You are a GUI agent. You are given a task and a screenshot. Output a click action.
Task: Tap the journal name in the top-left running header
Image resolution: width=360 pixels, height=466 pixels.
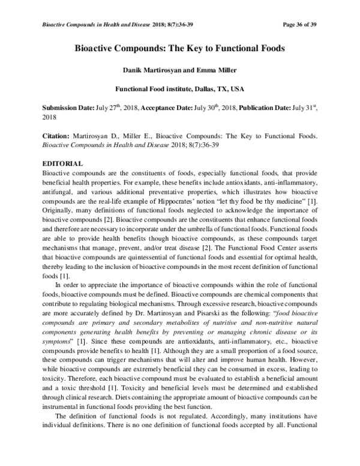88,25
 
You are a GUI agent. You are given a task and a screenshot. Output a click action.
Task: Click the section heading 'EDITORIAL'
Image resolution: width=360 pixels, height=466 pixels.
62,164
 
